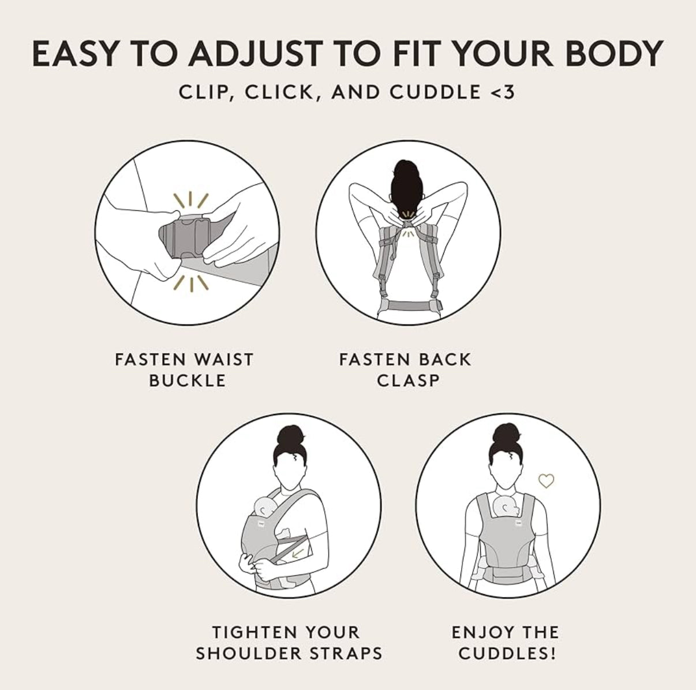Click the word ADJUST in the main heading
click(255, 54)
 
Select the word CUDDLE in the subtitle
click(435, 92)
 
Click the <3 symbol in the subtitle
click(503, 92)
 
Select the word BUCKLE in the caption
click(188, 381)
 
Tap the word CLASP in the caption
click(408, 381)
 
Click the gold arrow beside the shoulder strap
click(297, 553)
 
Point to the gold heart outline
click(546, 481)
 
